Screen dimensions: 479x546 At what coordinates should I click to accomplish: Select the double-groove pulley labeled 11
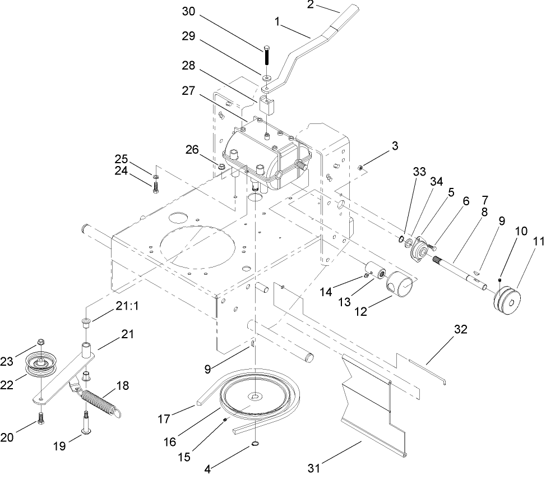(x=506, y=302)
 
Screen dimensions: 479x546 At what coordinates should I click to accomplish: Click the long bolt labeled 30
(x=266, y=56)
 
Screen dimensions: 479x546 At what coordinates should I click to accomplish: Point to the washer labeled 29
(x=266, y=75)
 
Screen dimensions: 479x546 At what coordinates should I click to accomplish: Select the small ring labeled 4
(x=255, y=445)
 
